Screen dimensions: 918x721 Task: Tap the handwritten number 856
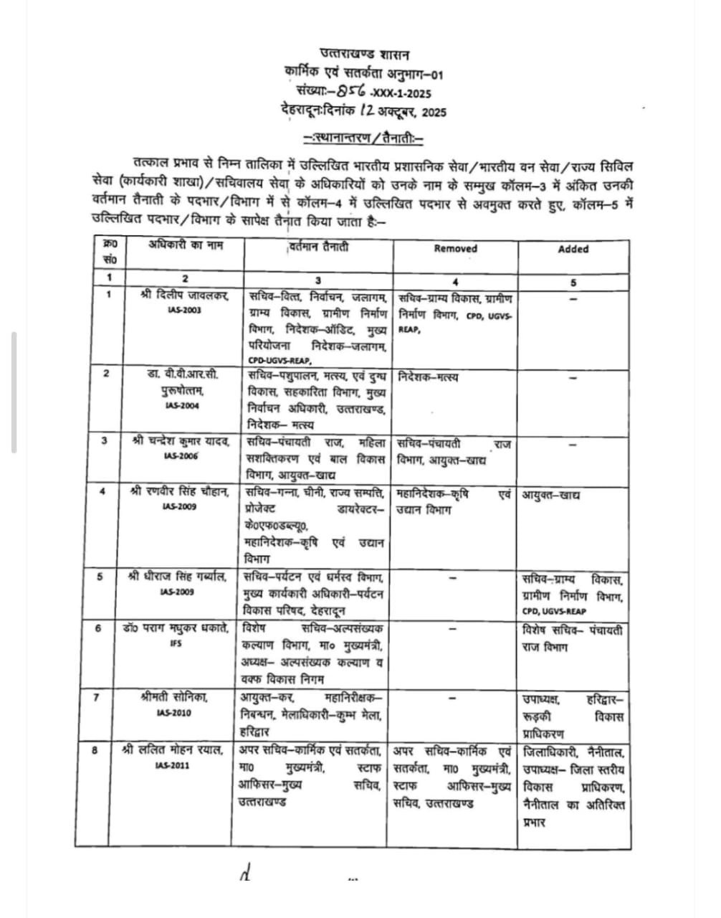coord(353,91)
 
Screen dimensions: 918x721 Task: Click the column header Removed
coord(455,249)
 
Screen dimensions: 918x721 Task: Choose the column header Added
coord(573,249)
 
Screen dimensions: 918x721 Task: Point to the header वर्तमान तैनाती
coord(318,247)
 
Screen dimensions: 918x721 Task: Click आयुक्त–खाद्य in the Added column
coord(550,495)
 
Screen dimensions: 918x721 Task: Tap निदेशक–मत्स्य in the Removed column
coord(428,377)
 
